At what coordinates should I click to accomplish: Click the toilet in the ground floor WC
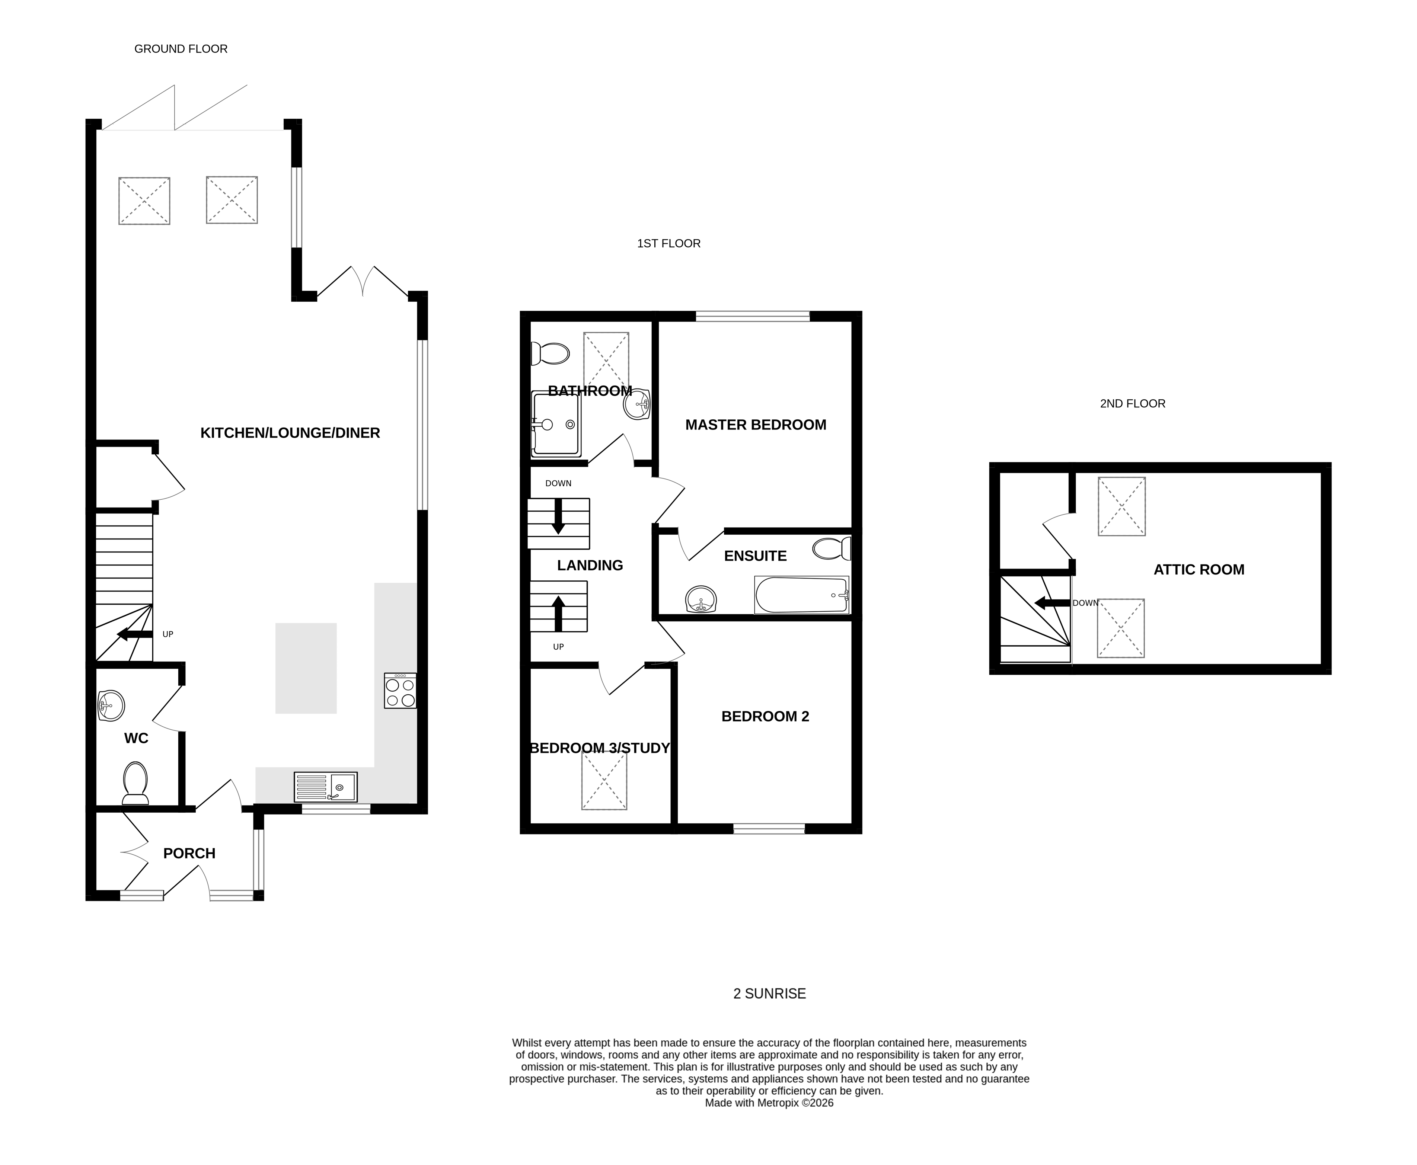pyautogui.click(x=135, y=782)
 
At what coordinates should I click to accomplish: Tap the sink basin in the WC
pyautogui.click(x=111, y=706)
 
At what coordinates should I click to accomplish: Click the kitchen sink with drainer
pyautogui.click(x=326, y=787)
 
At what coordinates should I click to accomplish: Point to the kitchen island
pyautogui.click(x=306, y=668)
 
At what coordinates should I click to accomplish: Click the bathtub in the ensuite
pyautogui.click(x=801, y=595)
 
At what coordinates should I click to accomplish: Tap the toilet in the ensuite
pyautogui.click(x=831, y=548)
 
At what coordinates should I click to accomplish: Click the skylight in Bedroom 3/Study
pyautogui.click(x=604, y=781)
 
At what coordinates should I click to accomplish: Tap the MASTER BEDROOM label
pyautogui.click(x=755, y=425)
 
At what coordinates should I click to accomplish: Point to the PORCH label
pyautogui.click(x=189, y=854)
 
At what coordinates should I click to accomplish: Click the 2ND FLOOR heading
pyautogui.click(x=1132, y=403)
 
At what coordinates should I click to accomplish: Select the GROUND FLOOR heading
pyautogui.click(x=181, y=49)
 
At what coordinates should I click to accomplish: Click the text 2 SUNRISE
pyautogui.click(x=769, y=993)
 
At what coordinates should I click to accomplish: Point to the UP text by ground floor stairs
pyautogui.click(x=168, y=634)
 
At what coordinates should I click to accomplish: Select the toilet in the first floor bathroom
pyautogui.click(x=550, y=353)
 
